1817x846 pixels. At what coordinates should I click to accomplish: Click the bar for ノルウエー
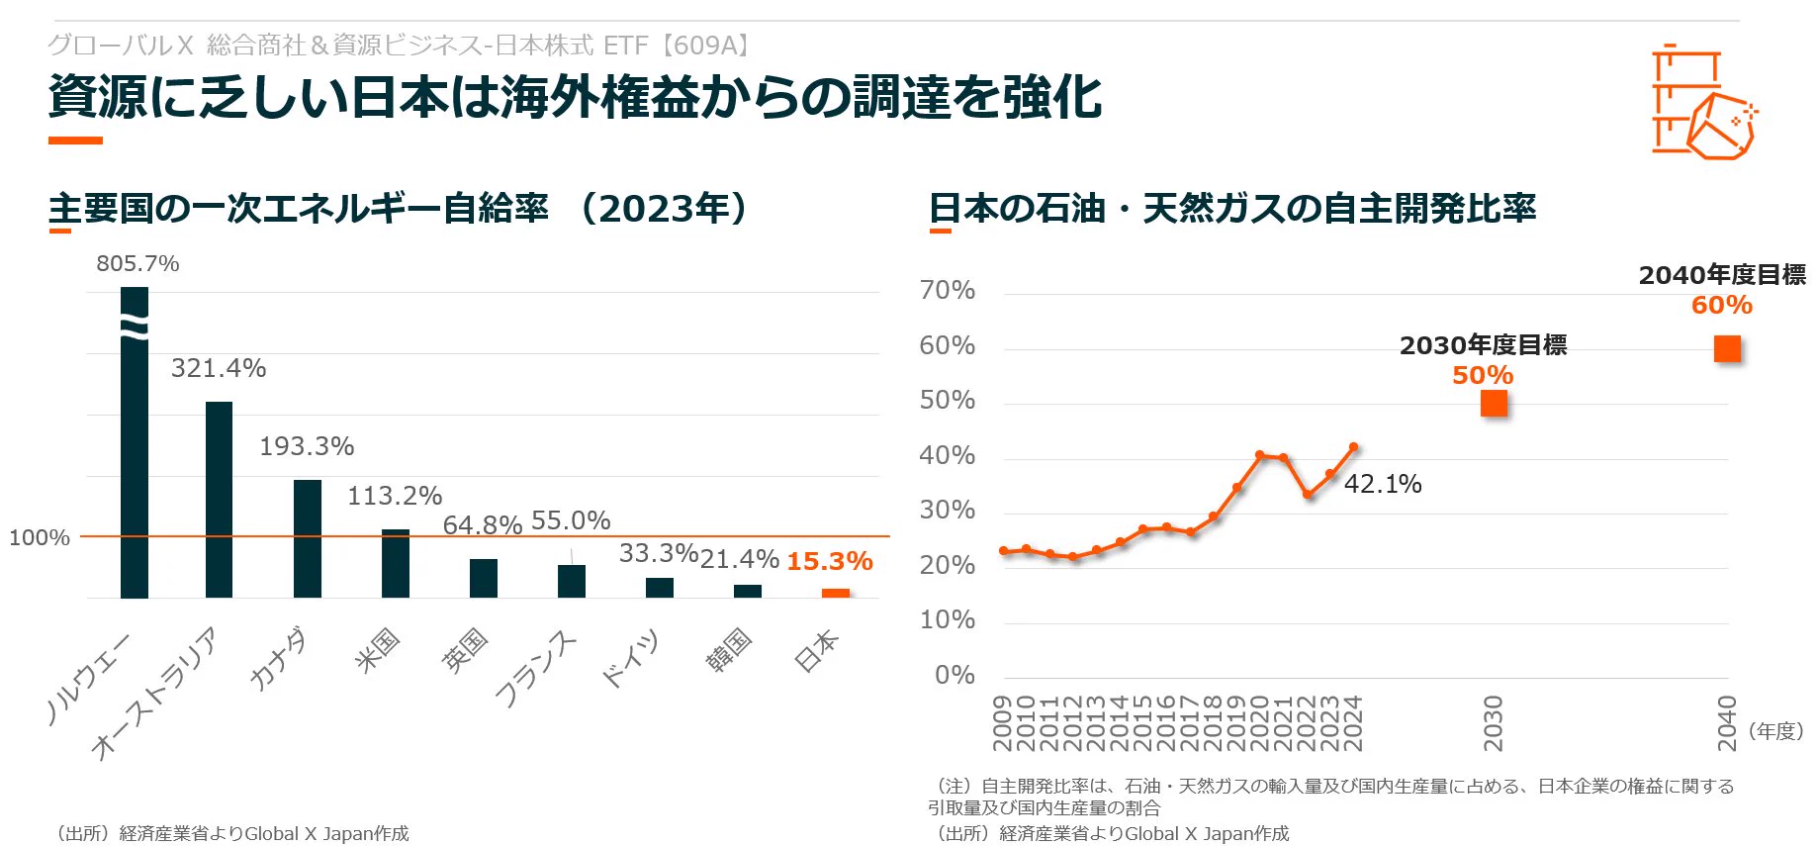pos(135,442)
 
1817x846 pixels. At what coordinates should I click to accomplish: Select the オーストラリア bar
pos(220,500)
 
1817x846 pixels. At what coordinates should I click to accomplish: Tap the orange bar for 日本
pos(836,594)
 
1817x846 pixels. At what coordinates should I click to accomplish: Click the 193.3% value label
pos(307,446)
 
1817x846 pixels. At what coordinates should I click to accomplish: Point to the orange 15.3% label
pos(830,561)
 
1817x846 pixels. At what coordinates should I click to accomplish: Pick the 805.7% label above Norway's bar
pos(137,263)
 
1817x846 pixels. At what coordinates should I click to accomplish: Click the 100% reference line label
pos(40,537)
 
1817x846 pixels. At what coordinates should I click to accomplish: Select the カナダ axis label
pos(278,659)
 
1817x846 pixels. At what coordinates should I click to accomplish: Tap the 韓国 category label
pos(729,650)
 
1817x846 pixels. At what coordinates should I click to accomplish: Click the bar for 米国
pos(396,564)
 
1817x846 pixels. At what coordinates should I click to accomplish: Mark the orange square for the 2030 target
pos(1494,404)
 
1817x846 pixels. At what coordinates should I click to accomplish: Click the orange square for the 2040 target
pos(1727,349)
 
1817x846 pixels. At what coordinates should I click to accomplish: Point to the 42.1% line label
pos(1383,484)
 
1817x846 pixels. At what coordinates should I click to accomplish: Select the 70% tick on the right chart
pos(948,290)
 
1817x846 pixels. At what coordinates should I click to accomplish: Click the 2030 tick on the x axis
pos(1494,723)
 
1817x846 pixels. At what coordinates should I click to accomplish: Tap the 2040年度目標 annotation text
pos(1722,275)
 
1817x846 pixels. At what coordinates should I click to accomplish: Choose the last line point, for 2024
pos(1353,447)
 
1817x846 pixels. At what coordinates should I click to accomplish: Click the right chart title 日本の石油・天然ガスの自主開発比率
pos(1232,209)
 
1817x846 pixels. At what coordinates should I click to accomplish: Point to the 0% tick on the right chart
pos(954,675)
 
